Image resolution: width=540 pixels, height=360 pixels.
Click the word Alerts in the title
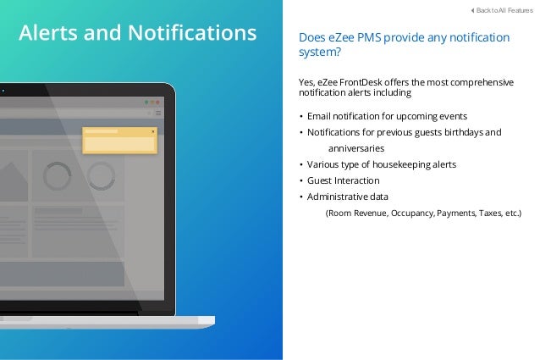coord(52,33)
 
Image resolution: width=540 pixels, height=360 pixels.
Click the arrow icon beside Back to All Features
coord(471,10)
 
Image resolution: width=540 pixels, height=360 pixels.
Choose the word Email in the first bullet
coord(320,115)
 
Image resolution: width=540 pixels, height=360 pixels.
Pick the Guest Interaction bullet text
coord(343,180)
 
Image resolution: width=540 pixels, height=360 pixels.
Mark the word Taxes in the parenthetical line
coord(489,213)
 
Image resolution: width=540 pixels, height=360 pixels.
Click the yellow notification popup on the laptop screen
coord(119,141)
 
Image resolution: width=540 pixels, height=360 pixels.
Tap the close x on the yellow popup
coord(153,131)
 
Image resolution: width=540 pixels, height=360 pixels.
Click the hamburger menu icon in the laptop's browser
coord(158,112)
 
